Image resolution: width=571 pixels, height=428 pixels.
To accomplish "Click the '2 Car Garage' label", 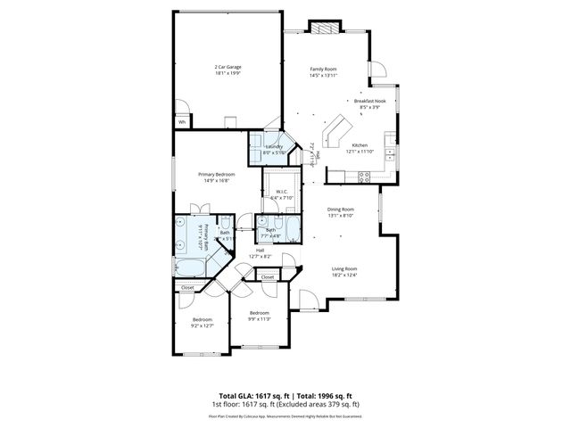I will pyautogui.click(x=228, y=67).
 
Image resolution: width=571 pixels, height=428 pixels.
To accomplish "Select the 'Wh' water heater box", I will pyautogui.click(x=182, y=122).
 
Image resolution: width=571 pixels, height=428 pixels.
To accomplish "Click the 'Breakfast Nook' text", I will pyautogui.click(x=368, y=102).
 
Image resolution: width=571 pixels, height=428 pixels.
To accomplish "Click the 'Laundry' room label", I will pyautogui.click(x=273, y=146).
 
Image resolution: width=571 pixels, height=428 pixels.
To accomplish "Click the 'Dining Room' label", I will pyautogui.click(x=341, y=209).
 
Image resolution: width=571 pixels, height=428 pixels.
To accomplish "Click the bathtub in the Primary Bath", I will pyautogui.click(x=189, y=266).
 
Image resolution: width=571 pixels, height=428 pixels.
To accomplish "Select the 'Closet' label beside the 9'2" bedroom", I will pyautogui.click(x=187, y=288).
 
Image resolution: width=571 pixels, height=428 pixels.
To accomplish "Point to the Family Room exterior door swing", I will pyautogui.click(x=377, y=69).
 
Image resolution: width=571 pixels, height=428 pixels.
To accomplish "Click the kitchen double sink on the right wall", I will pyautogui.click(x=389, y=143).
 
